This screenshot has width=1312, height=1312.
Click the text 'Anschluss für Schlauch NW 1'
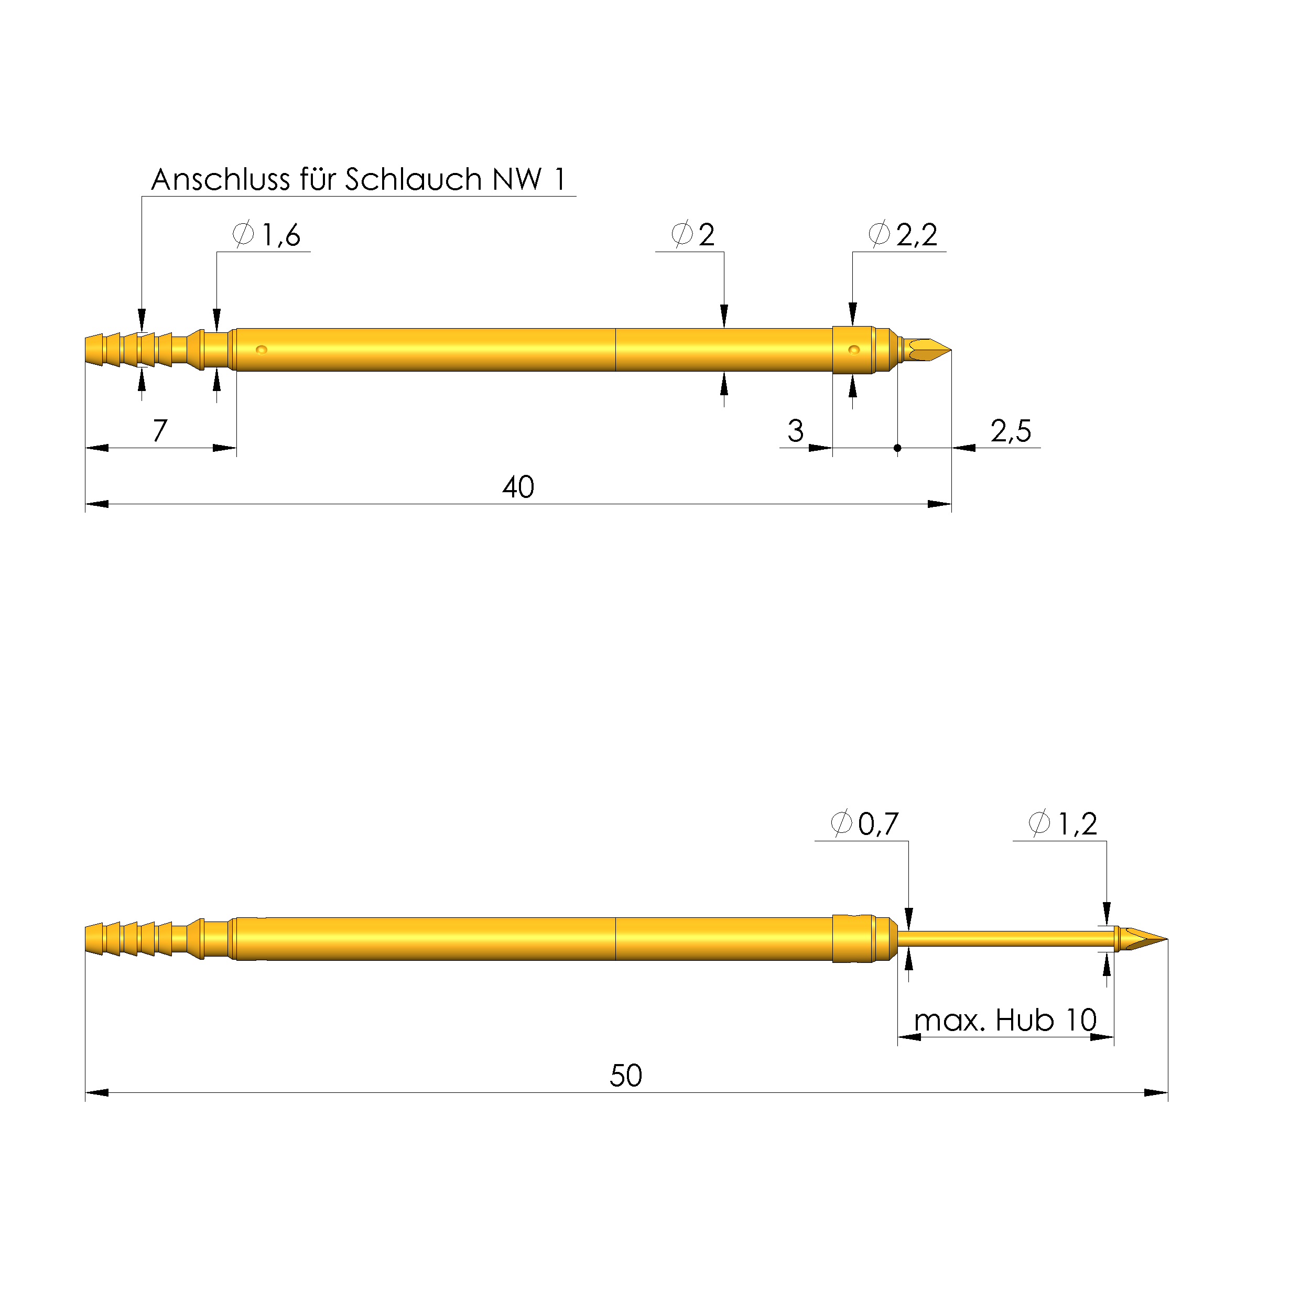[x=359, y=179]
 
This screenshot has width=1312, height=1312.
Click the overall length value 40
[x=518, y=487]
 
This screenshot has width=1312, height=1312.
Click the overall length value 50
[x=625, y=1076]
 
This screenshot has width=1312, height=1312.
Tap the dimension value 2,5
[x=1011, y=430]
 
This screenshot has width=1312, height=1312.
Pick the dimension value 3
[x=795, y=430]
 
